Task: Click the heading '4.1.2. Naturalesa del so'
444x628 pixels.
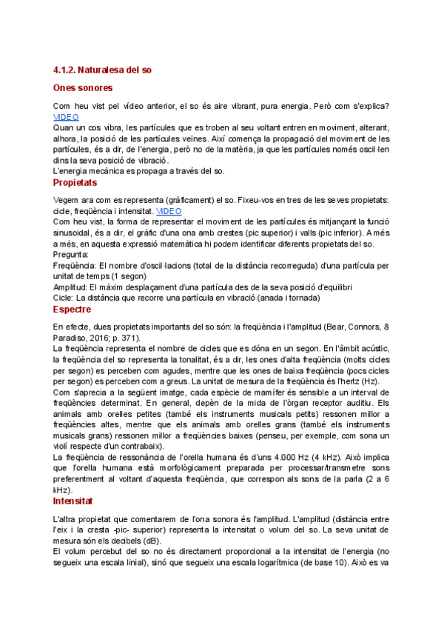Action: [102, 70]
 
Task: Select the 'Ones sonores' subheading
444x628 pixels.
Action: [83, 87]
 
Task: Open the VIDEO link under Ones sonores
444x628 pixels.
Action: [66, 117]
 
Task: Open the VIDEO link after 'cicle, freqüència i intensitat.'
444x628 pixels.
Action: [169, 211]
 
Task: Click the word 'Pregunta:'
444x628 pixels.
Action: [71, 254]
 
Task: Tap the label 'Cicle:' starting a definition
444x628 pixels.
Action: [63, 297]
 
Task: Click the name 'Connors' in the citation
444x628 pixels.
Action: [357, 327]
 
